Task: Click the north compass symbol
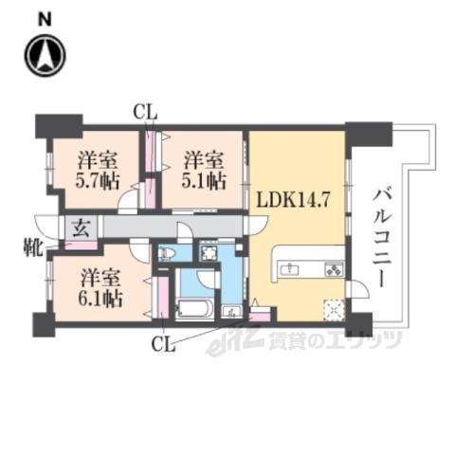[45, 55]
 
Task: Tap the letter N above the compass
[45, 20]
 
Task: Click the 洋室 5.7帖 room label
[98, 171]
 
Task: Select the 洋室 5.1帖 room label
[204, 171]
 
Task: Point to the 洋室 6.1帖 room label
[100, 288]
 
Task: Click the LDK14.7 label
[294, 200]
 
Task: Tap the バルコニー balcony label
[382, 238]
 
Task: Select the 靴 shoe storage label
[33, 247]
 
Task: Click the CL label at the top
[145, 112]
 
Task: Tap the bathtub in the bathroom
[192, 309]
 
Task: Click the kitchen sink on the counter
[289, 269]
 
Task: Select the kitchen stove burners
[335, 269]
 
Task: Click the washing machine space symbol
[209, 252]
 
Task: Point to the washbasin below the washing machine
[232, 312]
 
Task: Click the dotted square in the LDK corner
[334, 310]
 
